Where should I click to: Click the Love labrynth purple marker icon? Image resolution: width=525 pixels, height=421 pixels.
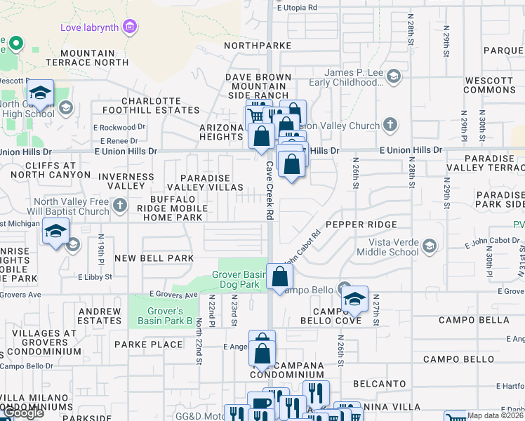point(128,27)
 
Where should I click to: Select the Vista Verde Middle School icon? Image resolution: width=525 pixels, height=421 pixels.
point(430,246)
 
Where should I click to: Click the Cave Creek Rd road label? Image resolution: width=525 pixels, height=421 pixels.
point(269,191)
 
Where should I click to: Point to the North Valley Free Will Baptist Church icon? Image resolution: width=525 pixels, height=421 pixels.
point(120,206)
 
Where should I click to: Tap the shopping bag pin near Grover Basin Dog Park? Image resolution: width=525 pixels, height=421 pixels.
point(279,277)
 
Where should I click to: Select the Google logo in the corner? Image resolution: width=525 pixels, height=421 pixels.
point(23,413)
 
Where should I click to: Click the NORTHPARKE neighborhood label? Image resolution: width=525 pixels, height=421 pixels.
point(258,46)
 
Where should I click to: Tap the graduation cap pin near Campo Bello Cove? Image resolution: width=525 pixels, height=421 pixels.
point(354,300)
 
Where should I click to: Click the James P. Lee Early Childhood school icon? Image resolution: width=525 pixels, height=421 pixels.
point(394,76)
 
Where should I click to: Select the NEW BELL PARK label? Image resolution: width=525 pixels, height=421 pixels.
point(154,258)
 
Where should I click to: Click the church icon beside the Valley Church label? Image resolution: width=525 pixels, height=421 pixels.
point(390,126)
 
